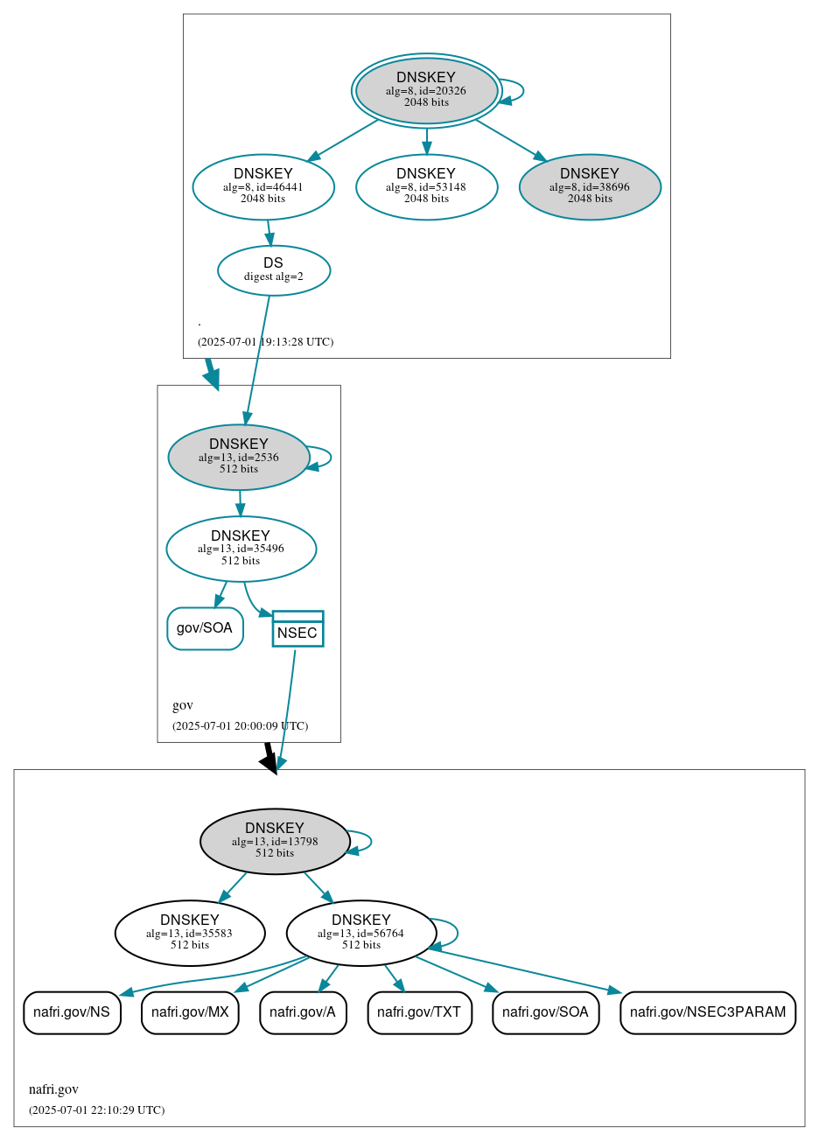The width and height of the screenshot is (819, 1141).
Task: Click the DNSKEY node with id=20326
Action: (x=426, y=90)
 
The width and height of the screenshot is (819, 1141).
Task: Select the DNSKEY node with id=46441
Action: (x=263, y=186)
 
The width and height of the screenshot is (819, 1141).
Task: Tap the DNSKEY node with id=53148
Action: (x=426, y=186)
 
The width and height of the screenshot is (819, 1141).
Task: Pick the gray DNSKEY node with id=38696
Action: (x=590, y=186)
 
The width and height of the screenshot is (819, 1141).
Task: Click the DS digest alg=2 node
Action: (x=274, y=269)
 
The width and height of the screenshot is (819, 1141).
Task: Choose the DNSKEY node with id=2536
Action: (x=239, y=457)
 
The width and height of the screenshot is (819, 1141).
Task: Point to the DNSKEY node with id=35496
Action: (x=241, y=549)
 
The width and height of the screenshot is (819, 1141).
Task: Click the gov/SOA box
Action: (x=205, y=628)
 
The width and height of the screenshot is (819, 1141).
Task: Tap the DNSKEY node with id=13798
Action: (x=275, y=841)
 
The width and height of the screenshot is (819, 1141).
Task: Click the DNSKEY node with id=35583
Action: (x=190, y=933)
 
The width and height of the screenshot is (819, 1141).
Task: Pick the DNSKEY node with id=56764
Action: (x=360, y=933)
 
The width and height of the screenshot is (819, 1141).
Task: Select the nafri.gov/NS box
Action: (x=72, y=1012)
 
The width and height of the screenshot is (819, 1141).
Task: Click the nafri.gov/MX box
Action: (x=190, y=1012)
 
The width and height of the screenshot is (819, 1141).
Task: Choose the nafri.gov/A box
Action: (x=303, y=1012)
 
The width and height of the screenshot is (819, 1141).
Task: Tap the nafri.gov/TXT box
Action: (x=419, y=1012)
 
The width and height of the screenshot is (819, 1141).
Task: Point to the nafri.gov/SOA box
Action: (x=545, y=1012)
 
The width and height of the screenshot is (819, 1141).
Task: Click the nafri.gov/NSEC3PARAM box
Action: (x=707, y=1012)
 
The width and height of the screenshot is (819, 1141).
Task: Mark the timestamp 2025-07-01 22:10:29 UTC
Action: (x=96, y=1110)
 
